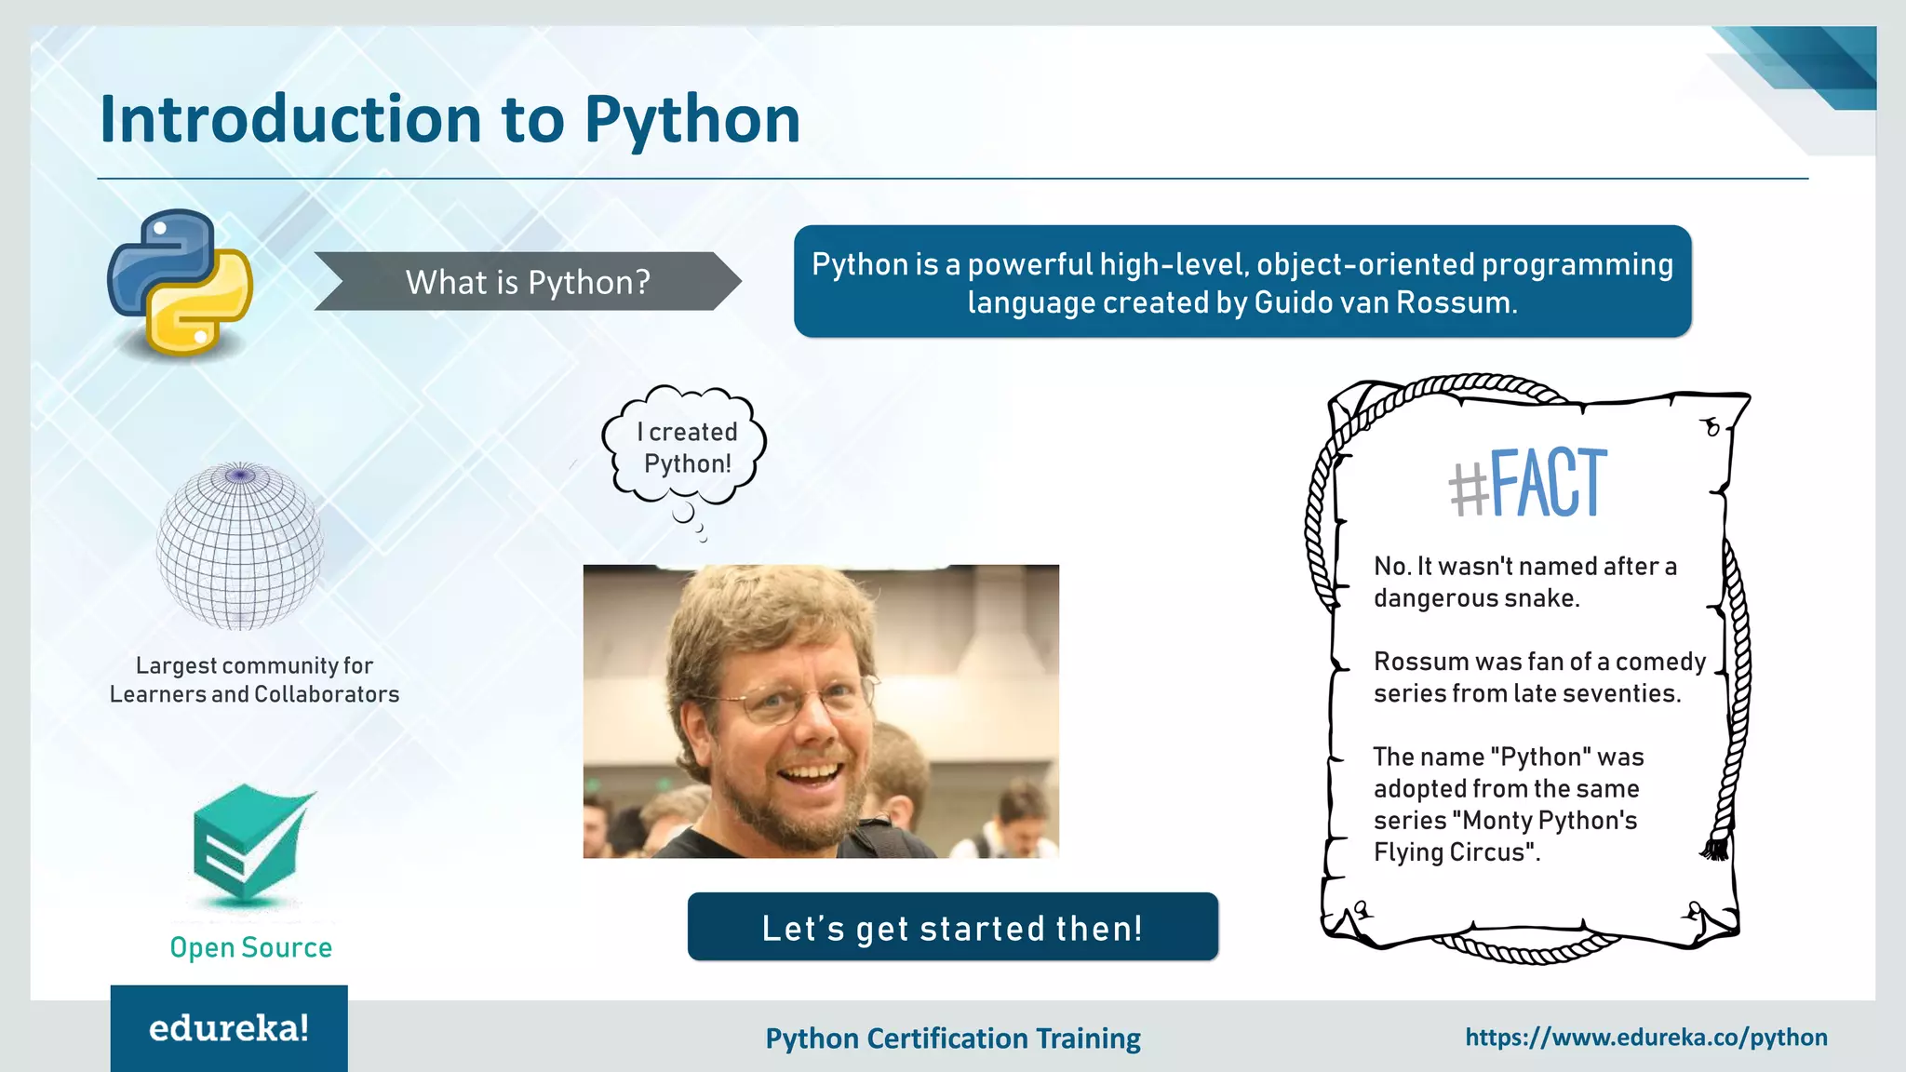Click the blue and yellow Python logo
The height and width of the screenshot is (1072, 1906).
(180, 281)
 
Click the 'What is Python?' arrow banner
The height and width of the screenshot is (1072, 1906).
(527, 281)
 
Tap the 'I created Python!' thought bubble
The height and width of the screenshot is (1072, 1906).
(687, 448)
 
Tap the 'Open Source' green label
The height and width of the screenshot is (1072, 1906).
(250, 947)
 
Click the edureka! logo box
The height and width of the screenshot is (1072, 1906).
(229, 1028)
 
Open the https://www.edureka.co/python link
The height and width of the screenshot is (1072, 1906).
(1645, 1038)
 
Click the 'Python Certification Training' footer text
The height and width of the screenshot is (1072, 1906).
(952, 1038)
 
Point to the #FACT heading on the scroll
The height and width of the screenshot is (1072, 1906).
(1528, 483)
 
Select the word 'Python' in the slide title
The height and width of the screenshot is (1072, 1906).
(691, 121)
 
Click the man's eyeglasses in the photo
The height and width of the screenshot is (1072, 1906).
(791, 698)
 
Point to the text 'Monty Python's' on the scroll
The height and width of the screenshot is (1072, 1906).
(1550, 821)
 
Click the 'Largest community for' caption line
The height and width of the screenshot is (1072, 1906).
(254, 665)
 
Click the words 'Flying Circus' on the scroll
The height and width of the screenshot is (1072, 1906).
(1452, 852)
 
